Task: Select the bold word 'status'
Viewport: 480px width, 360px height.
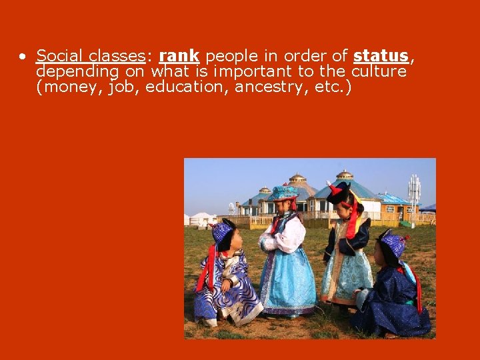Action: click(x=381, y=56)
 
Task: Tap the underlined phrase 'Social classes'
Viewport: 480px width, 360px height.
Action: click(x=91, y=56)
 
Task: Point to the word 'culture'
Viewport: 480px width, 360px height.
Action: click(x=379, y=71)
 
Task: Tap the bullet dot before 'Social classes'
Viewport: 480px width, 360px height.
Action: click(x=23, y=57)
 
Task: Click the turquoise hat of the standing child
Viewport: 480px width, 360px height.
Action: click(x=285, y=193)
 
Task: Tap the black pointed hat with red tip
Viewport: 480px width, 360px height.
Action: click(x=339, y=192)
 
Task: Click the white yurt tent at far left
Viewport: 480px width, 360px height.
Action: click(x=201, y=218)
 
